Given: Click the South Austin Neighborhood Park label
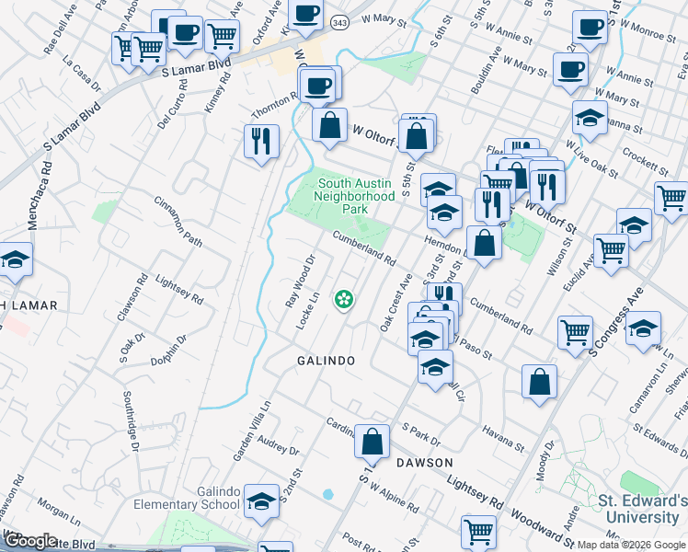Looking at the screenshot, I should click(354, 196).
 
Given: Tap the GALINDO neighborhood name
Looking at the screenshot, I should click(326, 362).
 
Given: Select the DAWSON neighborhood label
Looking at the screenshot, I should click(424, 462).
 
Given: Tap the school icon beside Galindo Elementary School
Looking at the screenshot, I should click(262, 501).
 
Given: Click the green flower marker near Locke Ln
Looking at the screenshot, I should click(345, 298).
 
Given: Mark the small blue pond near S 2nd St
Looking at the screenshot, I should click(328, 494).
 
